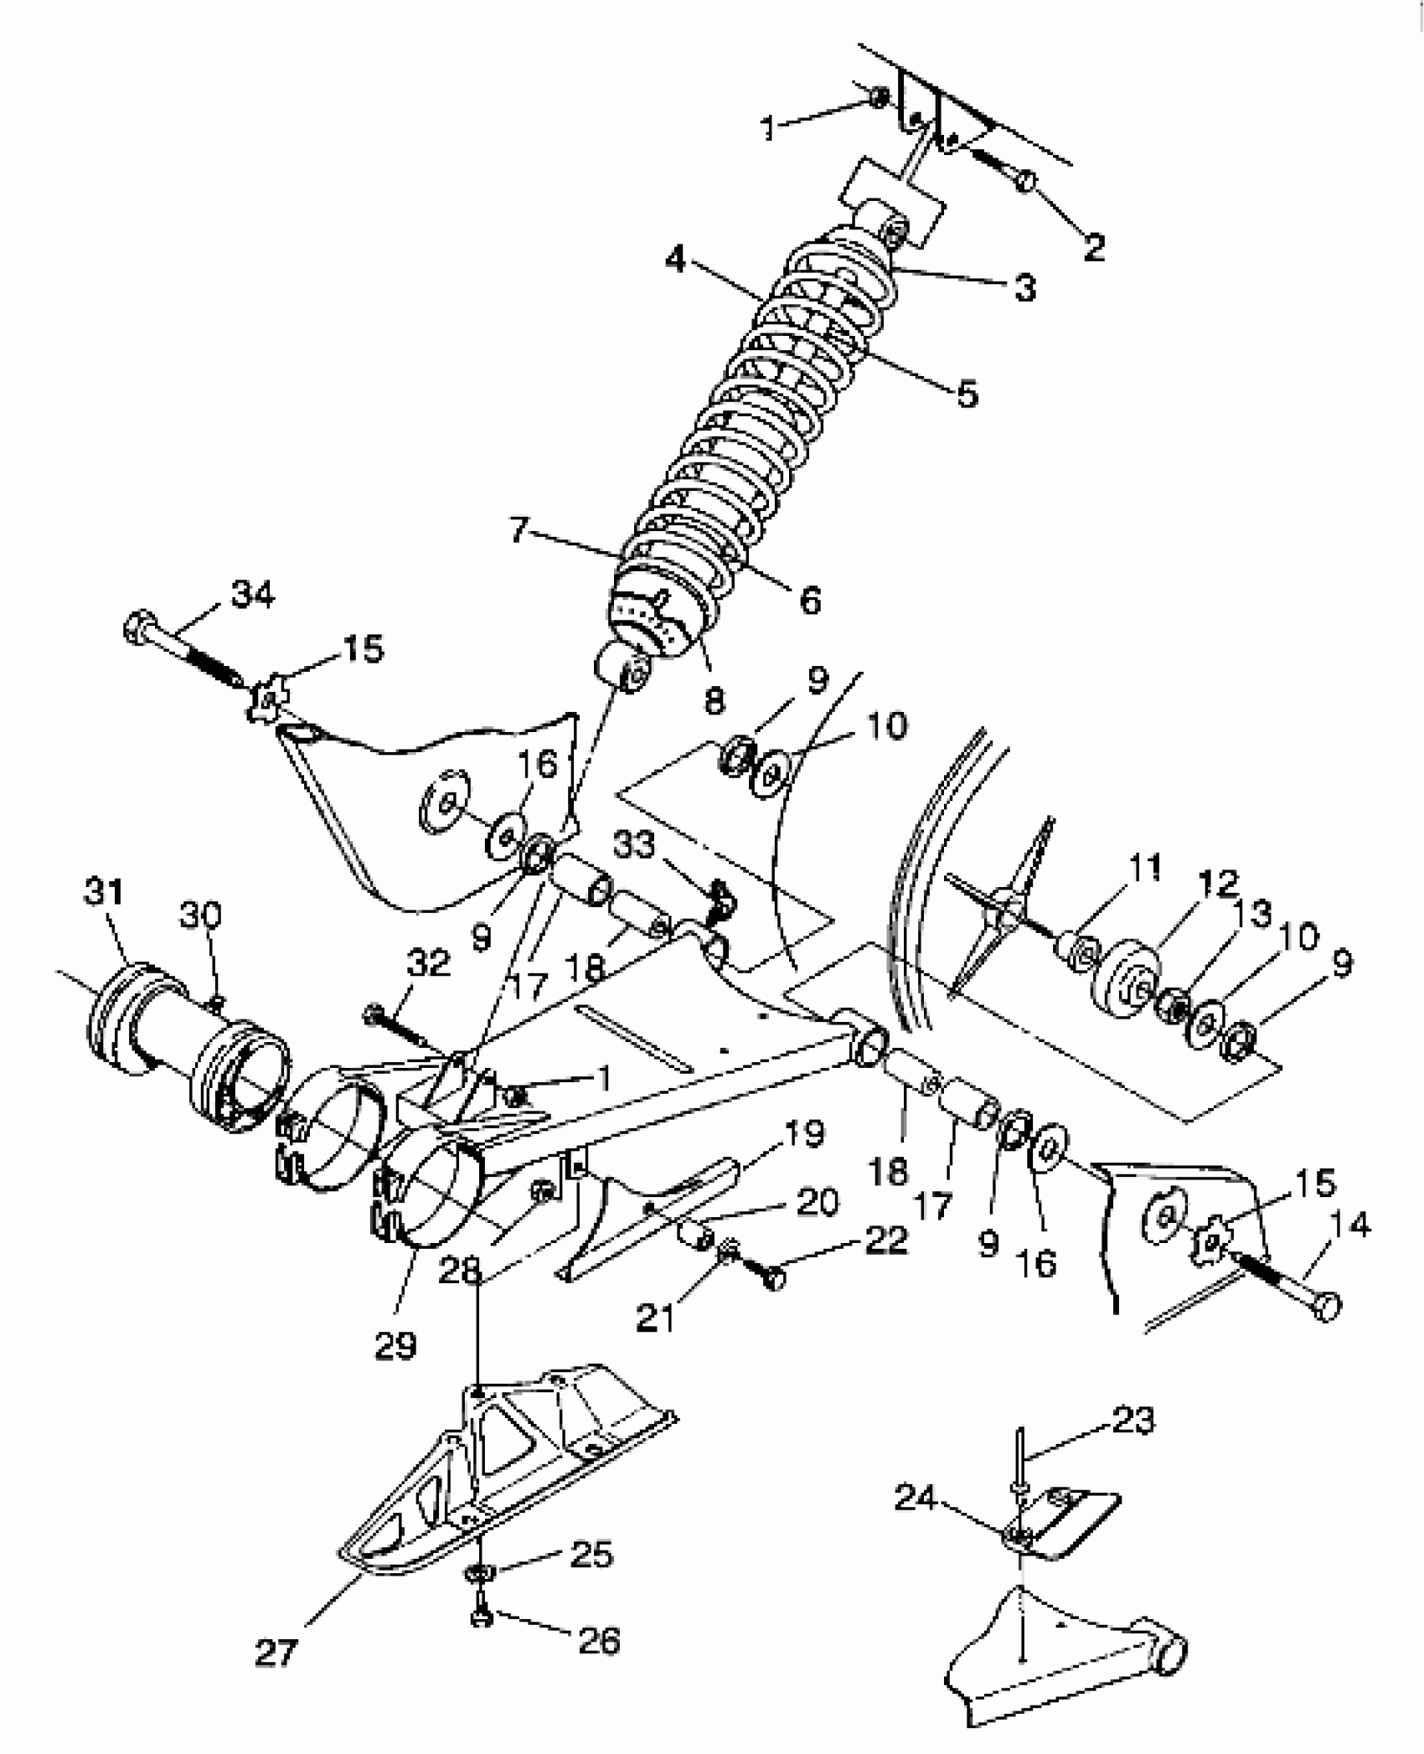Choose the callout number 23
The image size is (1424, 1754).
point(1133,1421)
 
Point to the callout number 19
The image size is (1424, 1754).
point(804,1136)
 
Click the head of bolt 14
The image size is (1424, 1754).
point(1326,1307)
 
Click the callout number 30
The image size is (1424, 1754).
point(202,917)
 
